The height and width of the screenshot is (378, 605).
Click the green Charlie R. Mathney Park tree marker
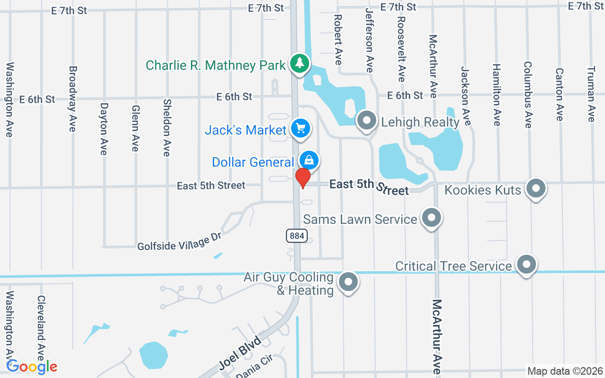pos(299,63)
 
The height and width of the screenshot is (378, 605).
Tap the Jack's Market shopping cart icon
pos(300,128)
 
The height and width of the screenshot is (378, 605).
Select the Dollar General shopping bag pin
pos(309,160)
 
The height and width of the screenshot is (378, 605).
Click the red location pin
pos(302,178)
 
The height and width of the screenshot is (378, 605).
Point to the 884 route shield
pos(296,235)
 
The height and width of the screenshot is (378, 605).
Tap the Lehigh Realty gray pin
pos(366,120)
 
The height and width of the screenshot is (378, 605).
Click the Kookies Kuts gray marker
pos(536,188)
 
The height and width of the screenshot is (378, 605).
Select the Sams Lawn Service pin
pos(431,218)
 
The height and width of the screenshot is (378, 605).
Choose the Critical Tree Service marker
pos(526,265)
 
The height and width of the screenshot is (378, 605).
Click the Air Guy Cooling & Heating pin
pos(348,282)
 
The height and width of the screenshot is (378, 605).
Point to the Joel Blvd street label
pos(240,353)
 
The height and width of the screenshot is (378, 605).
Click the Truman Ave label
pos(591,94)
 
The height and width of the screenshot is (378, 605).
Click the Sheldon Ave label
pos(166,127)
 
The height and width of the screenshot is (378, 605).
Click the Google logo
pos(32,367)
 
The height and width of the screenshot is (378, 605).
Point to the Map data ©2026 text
pos(565,371)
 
